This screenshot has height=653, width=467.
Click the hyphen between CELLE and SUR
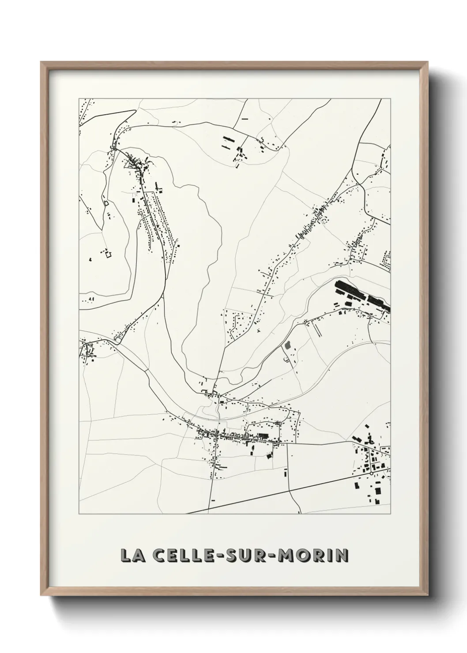[216, 556]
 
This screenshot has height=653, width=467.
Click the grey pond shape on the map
[288, 345]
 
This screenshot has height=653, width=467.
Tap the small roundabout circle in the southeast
[371, 473]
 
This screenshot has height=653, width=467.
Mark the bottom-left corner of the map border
[79, 514]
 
